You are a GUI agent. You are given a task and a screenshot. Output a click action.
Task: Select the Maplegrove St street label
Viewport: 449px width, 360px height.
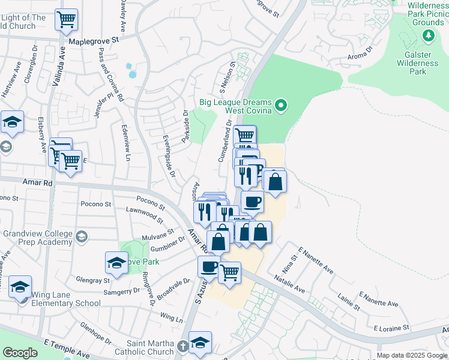95,41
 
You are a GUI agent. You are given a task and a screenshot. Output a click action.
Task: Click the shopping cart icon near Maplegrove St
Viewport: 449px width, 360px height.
66,20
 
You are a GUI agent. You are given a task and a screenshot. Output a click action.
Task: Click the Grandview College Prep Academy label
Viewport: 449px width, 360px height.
39,238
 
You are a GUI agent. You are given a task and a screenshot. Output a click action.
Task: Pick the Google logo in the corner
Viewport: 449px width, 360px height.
20,353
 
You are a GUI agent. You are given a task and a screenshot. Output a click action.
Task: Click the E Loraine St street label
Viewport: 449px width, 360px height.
391,328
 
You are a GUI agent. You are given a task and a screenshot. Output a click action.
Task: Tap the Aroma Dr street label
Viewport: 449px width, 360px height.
361,53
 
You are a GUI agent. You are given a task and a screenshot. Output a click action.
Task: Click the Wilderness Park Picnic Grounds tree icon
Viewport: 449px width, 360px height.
429,36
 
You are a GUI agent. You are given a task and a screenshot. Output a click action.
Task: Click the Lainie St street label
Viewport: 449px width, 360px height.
348,302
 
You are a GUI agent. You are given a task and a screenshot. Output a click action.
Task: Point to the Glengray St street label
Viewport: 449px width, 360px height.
93,280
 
